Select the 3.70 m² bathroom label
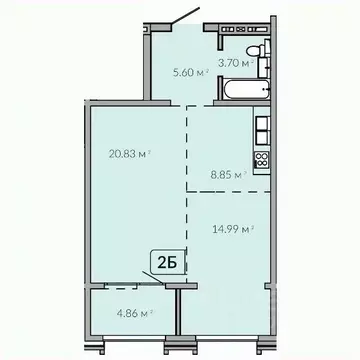[241, 62]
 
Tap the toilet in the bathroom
[257, 53]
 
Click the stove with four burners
[262, 159]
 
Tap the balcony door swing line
[150, 284]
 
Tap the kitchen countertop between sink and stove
[262, 143]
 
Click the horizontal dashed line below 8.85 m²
[230, 190]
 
